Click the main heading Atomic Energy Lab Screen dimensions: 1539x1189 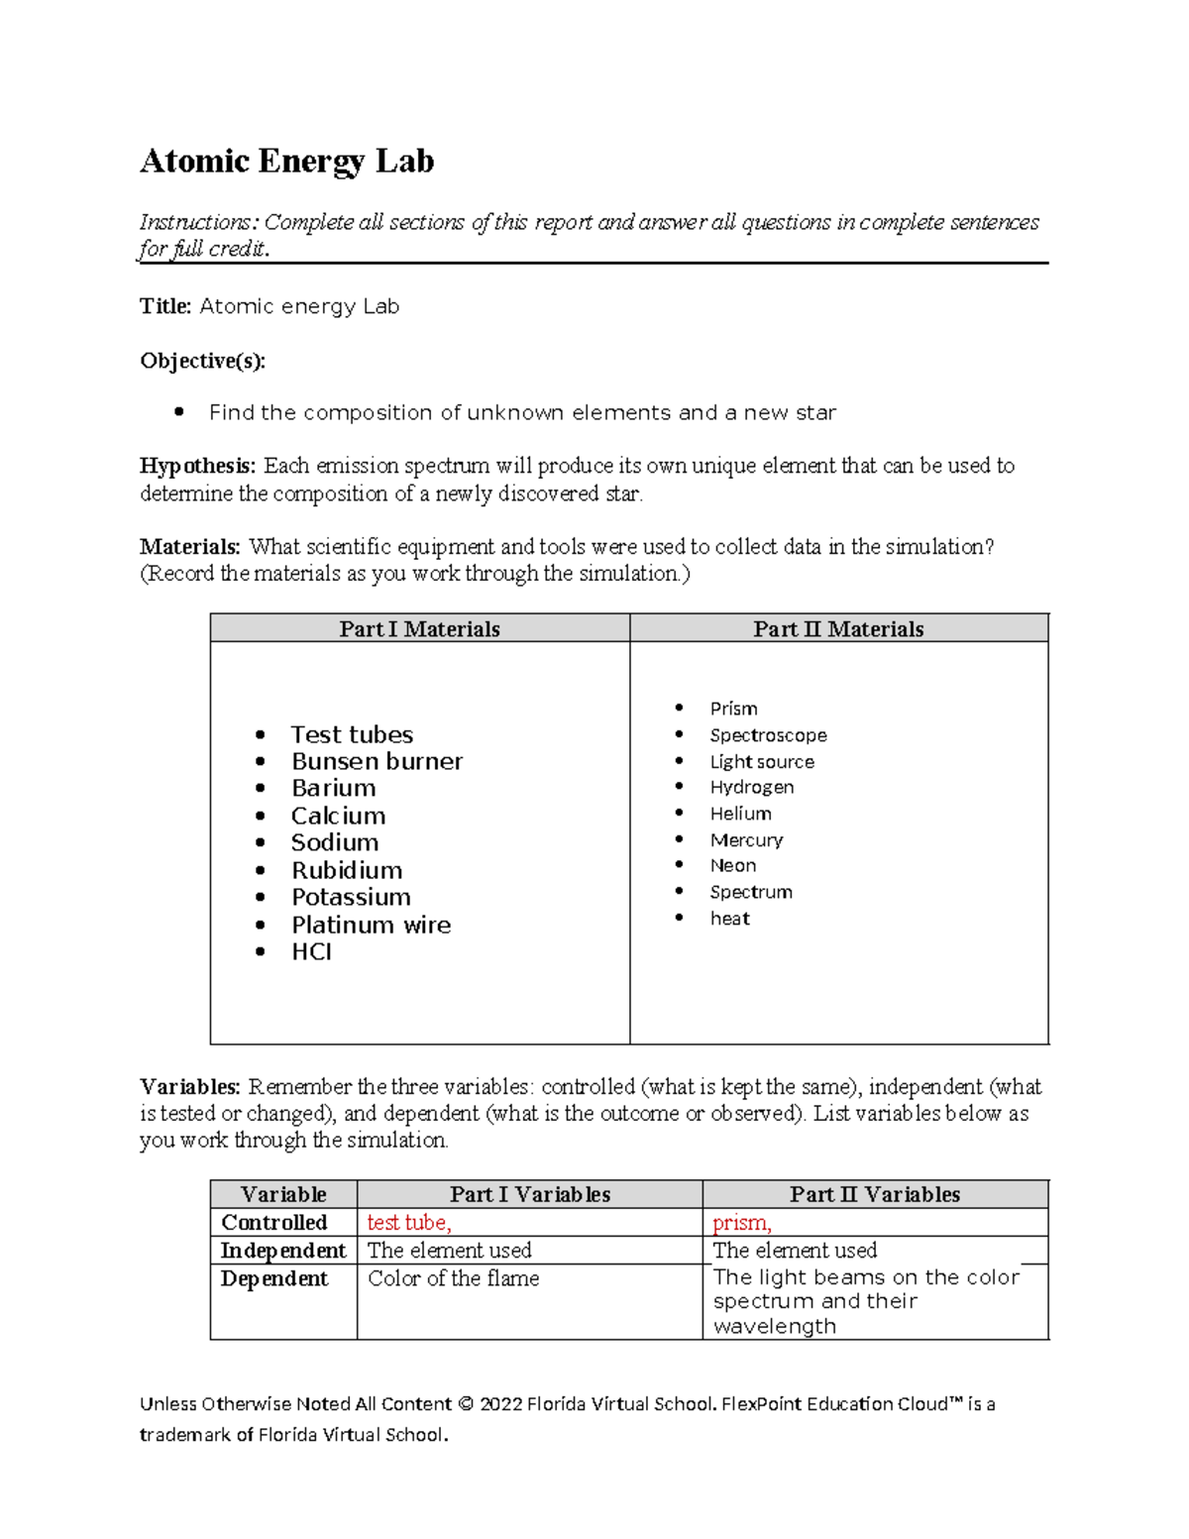(x=286, y=161)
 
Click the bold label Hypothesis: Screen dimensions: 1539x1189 (x=197, y=466)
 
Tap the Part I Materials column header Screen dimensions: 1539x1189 (x=419, y=629)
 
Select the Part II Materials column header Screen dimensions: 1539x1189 (x=838, y=629)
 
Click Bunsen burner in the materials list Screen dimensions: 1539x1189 (x=377, y=761)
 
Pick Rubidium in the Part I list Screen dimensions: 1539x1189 (x=347, y=870)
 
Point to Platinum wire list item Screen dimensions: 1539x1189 (x=371, y=925)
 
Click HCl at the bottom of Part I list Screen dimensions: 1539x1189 (x=311, y=951)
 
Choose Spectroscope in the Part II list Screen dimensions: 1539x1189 (x=768, y=735)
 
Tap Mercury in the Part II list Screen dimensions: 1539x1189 (x=746, y=839)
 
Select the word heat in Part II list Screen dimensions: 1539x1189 (x=729, y=919)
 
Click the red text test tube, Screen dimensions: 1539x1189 (x=409, y=1223)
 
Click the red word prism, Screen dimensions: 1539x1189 (x=741, y=1223)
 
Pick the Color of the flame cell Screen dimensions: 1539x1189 (x=454, y=1278)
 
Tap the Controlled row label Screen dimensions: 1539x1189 (x=274, y=1223)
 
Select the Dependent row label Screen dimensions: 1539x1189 (x=274, y=1278)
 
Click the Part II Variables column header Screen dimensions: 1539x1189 (x=875, y=1194)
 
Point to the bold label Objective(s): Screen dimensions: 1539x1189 (x=203, y=361)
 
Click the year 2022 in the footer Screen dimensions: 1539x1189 (x=500, y=1404)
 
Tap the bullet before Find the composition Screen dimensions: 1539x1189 (x=178, y=412)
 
